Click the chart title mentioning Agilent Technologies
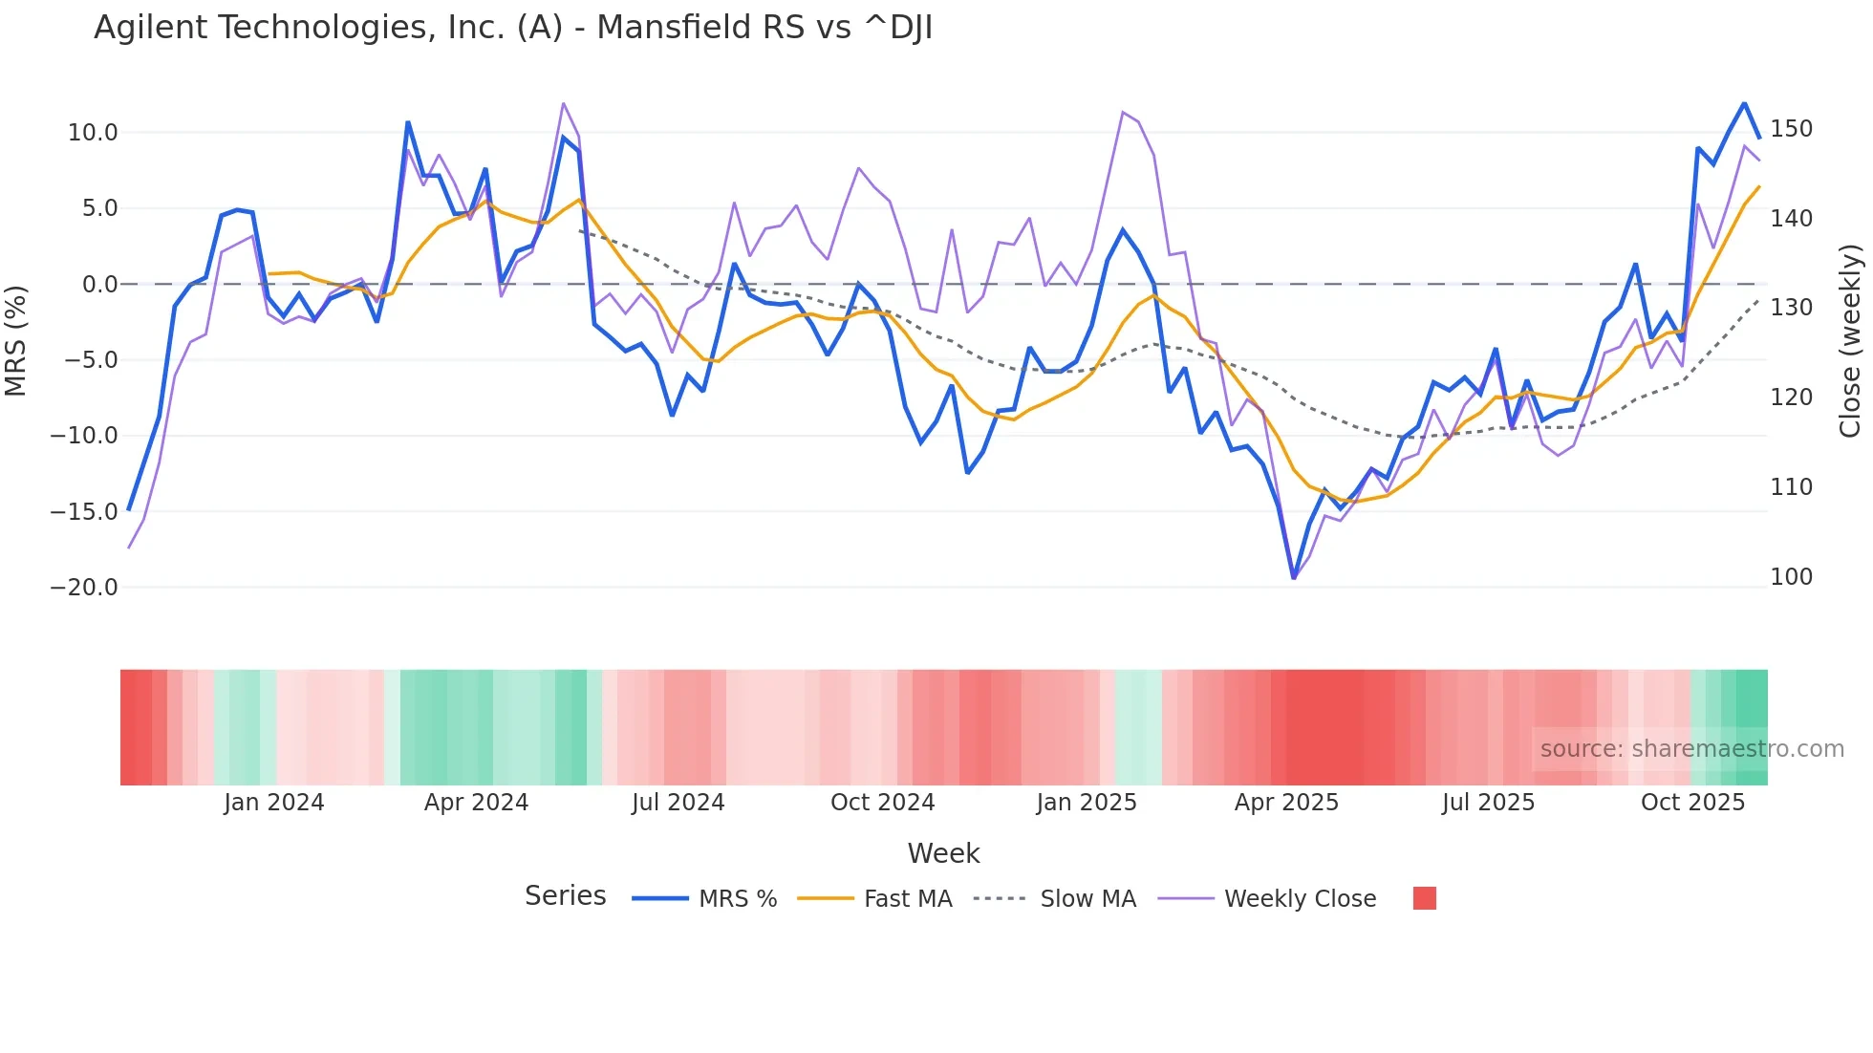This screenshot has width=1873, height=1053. click(x=513, y=28)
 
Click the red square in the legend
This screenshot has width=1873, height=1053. click(x=1424, y=898)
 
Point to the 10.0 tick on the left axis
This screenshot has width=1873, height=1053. click(x=93, y=133)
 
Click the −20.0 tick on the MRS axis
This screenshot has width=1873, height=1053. click(x=84, y=588)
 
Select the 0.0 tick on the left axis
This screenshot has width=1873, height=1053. click(x=99, y=285)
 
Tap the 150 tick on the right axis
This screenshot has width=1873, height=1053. click(x=1791, y=129)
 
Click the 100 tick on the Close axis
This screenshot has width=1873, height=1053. click(x=1791, y=577)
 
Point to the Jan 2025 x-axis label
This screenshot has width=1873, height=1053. click(x=1086, y=803)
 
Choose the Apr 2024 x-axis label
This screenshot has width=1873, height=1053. click(x=476, y=803)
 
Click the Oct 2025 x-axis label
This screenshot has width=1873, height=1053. click(x=1692, y=803)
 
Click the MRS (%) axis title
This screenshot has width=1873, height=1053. click(x=15, y=341)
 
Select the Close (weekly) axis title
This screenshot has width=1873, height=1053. click(x=1850, y=341)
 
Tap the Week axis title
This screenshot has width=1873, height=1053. click(x=943, y=853)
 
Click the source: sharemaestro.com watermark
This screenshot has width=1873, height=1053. click(x=1691, y=749)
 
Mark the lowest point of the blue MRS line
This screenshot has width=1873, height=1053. click(x=1294, y=577)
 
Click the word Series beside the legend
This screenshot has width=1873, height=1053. click(x=565, y=896)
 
